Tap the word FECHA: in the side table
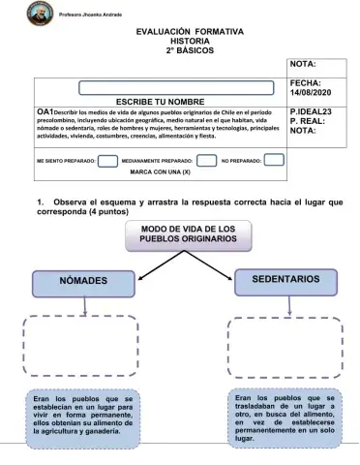click(305, 84)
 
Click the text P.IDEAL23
click(311, 112)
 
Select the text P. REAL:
click(308, 122)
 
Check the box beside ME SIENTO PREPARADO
click(108, 160)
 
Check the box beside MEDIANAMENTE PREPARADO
click(206, 160)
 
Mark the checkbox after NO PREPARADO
click(275, 160)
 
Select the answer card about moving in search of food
click(284, 418)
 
